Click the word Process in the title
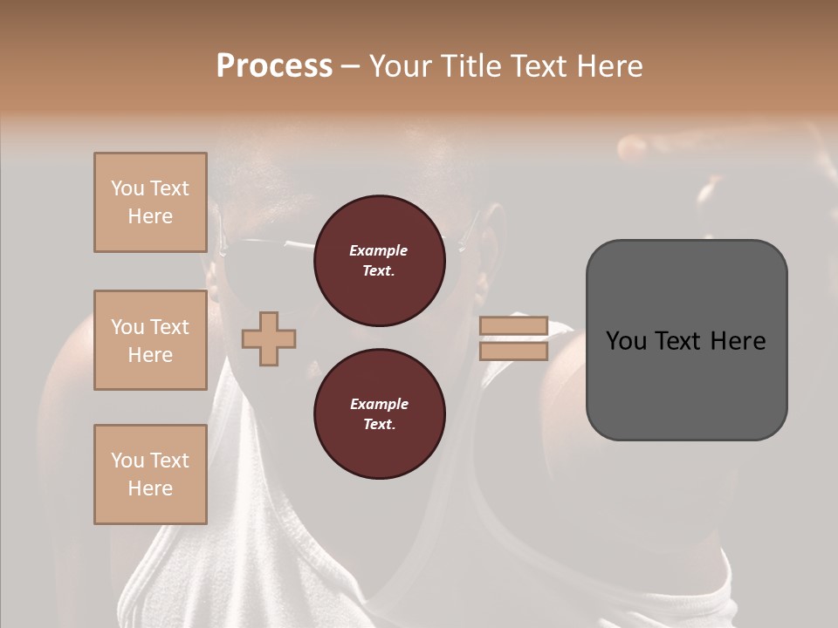(274, 65)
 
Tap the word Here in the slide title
(606, 65)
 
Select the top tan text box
(150, 202)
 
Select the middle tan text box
(150, 340)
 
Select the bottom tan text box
(150, 474)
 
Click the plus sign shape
(269, 338)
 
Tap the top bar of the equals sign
(513, 326)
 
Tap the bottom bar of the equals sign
(513, 351)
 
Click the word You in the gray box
(626, 341)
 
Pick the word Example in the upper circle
(379, 250)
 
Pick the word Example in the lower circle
(379, 404)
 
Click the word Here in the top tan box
(150, 216)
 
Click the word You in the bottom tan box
(127, 461)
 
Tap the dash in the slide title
(351, 66)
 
